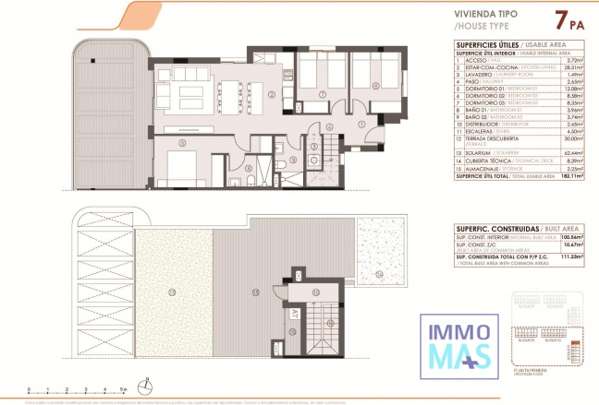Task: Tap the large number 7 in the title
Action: (x=559, y=19)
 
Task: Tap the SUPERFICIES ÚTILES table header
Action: (x=486, y=43)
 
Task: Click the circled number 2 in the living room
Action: (x=271, y=94)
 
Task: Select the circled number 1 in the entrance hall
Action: (x=362, y=125)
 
